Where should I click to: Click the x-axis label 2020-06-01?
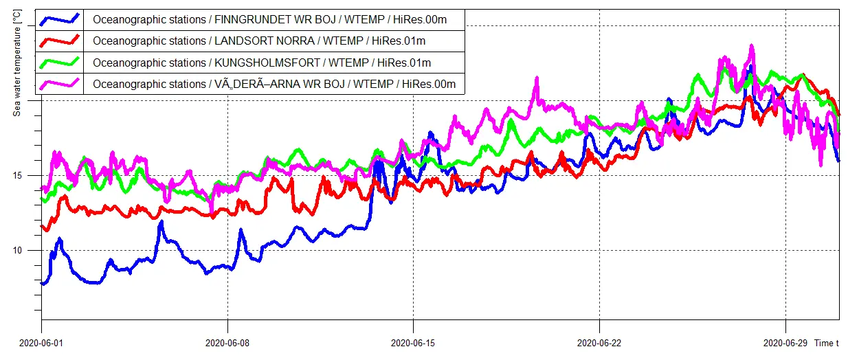click(x=41, y=343)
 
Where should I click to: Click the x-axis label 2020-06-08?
click(x=227, y=343)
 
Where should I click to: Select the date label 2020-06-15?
click(x=412, y=343)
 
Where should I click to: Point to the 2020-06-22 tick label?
click(x=599, y=343)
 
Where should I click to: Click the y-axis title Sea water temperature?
click(x=17, y=63)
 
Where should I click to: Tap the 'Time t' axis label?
click(x=827, y=343)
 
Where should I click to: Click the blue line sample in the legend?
click(x=60, y=19)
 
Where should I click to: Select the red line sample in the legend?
click(x=60, y=41)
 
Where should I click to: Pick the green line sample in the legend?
click(x=60, y=63)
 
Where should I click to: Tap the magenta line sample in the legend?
click(x=60, y=85)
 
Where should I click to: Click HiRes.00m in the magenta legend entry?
click(x=429, y=85)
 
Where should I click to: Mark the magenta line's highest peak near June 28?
click(x=752, y=47)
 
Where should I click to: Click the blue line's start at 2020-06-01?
click(x=43, y=283)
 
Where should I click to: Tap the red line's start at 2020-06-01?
click(x=43, y=227)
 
